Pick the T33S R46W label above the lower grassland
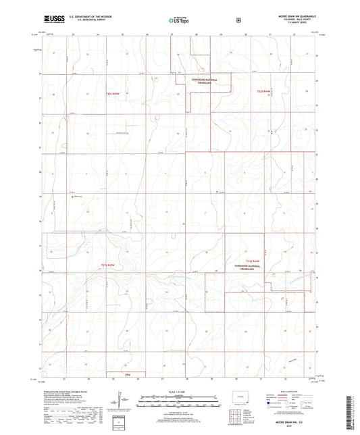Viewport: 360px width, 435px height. point(254,260)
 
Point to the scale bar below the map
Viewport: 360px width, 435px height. point(179,399)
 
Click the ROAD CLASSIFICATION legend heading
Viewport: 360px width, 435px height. point(288,390)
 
